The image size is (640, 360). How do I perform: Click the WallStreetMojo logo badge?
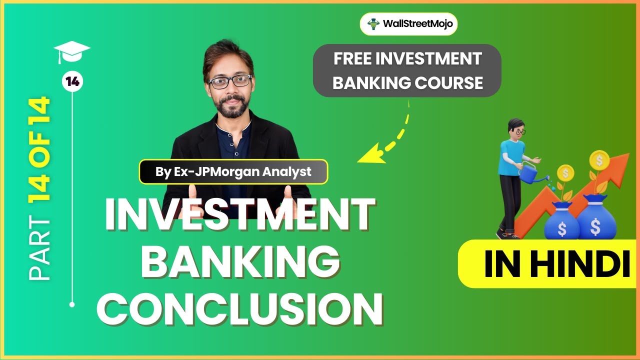click(408, 23)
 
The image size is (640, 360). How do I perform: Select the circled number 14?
click(72, 82)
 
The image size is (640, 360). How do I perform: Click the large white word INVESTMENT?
click(239, 215)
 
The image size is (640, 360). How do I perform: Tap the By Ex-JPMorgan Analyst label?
click(233, 172)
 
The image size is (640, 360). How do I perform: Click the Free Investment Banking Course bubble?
click(407, 70)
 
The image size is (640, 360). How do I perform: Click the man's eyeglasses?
click(229, 81)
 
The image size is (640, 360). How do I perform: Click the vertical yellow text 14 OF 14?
click(39, 155)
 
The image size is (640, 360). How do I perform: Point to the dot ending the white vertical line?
click(72, 304)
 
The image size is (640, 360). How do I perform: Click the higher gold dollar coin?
click(599, 160)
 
